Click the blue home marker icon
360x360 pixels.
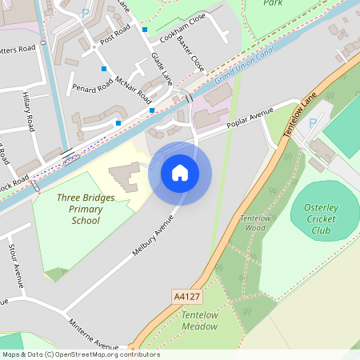[x=180, y=172]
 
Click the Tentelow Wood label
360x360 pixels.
[x=256, y=223]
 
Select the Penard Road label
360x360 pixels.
[x=88, y=87]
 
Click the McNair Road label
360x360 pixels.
[x=133, y=90]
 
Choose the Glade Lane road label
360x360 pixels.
[x=162, y=68]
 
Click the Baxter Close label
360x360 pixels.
[x=191, y=51]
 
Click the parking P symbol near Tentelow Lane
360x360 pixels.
[x=312, y=124]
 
